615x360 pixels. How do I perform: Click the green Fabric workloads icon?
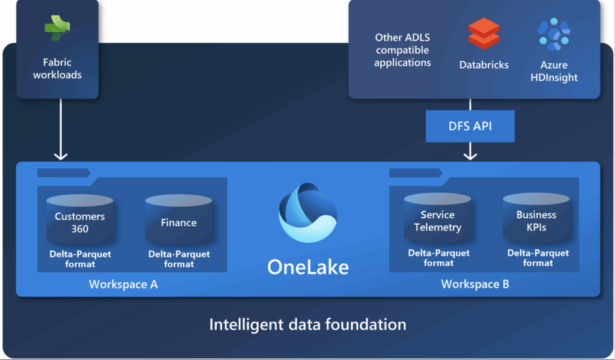tap(58, 28)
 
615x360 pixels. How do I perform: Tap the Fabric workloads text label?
tap(58, 69)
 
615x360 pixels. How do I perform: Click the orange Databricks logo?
tap(484, 33)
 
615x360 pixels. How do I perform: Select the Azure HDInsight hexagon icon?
tap(554, 34)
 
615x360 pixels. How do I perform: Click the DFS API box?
tap(470, 126)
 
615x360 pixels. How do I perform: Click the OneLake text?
tap(307, 266)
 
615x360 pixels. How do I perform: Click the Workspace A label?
tap(123, 284)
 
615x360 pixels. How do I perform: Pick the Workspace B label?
tap(475, 284)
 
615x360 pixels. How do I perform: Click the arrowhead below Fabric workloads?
tap(61, 156)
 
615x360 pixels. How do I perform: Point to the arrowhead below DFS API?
tap(470, 155)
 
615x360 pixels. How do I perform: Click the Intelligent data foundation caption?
tap(307, 325)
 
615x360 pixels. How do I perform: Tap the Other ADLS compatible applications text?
tap(402, 50)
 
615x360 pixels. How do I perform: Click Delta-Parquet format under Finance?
tap(179, 259)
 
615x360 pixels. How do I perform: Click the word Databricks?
tap(484, 64)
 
